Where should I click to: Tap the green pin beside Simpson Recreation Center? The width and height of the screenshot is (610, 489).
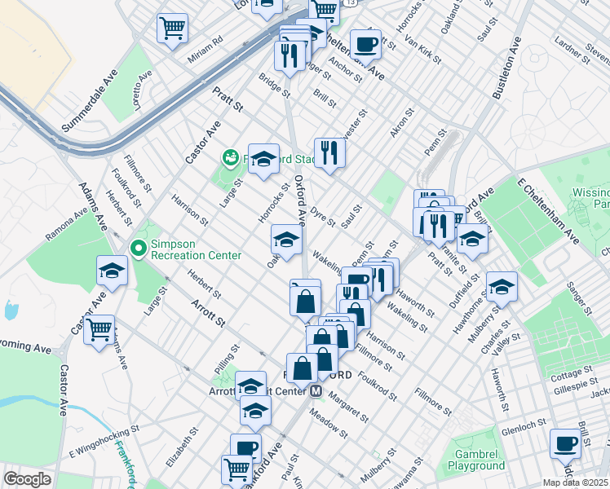pos(138,248)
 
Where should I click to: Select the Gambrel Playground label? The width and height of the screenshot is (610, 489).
pos(475,460)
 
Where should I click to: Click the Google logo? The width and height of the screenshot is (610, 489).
pos(27,480)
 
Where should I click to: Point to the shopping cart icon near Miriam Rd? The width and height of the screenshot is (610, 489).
pos(173,29)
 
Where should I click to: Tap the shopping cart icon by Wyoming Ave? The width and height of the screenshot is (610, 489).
pos(99,330)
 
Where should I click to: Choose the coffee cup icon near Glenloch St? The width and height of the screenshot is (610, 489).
pos(565,444)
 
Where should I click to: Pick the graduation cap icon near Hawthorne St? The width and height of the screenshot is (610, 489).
pos(502,286)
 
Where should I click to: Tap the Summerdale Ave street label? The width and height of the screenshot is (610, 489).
pos(91,103)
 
